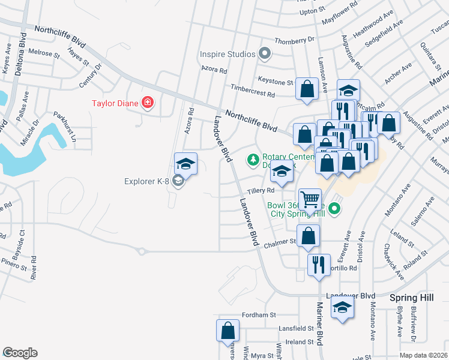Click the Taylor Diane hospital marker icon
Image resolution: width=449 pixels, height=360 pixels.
(147, 103)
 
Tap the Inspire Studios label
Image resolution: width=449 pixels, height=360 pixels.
(228, 55)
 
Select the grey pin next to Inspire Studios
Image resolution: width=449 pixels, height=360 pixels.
(265, 55)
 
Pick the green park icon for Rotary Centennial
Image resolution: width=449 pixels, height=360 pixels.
(253, 160)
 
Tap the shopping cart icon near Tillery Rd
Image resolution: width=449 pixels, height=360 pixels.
(310, 199)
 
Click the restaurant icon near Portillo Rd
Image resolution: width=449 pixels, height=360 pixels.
(319, 264)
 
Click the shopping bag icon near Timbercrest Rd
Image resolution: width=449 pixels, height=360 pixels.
(307, 89)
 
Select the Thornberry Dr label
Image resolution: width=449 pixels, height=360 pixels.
(294, 40)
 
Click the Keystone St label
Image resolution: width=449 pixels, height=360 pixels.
(275, 82)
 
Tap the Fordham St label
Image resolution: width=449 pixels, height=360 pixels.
(259, 314)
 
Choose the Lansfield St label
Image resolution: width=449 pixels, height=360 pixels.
(296, 328)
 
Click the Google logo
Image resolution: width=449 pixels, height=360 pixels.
(20, 353)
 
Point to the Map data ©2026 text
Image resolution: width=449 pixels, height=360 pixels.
(424, 355)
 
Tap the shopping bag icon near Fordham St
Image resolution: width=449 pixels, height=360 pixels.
(228, 330)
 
